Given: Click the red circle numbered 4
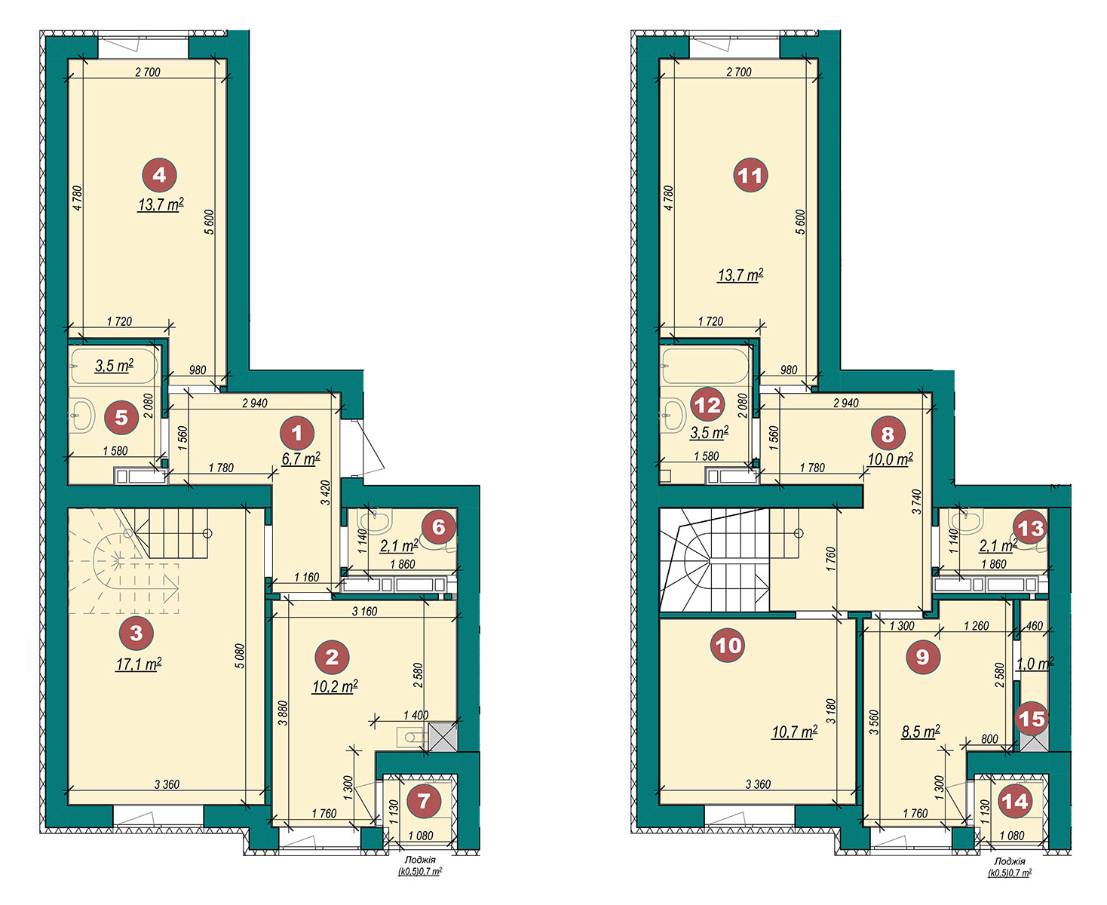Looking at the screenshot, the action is pos(159,175).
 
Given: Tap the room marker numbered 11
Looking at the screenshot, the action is pos(750,175).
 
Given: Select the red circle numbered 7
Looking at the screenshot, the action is pos(424,801).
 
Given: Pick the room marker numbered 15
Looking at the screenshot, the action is pos(1032,719).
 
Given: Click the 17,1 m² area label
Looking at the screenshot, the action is pos(139,664).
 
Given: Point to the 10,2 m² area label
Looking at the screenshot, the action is pos(335,686).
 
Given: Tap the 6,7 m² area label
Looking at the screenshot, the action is pos(301,459).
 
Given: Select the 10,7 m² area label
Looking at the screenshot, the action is pos(794,732).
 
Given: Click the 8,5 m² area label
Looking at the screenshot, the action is pos(920,732).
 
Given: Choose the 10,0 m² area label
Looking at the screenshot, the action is pos(891,459).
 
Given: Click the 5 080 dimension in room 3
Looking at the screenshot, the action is pos(239,655).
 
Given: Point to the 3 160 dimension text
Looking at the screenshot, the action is pos(365,611).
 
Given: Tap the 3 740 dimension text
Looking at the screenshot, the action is pos(916,502).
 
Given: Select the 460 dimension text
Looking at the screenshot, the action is pos(1034,626).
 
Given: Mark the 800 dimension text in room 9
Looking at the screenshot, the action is pos(989,739).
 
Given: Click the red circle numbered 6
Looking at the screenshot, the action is pos(438,527).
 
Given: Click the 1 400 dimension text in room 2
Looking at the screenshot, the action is pos(416,715).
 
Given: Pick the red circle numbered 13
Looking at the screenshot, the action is pos(1030,528).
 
